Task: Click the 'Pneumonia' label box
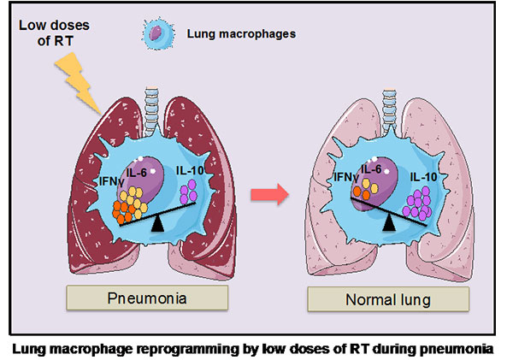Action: (147, 298)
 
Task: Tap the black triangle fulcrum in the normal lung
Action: (389, 222)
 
